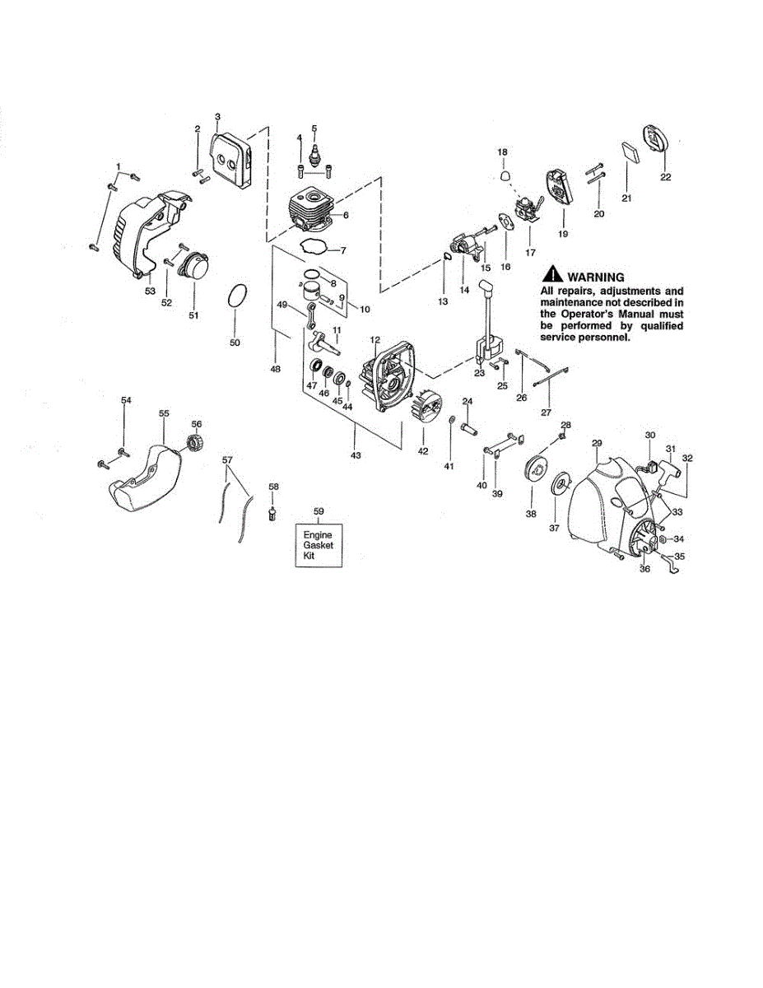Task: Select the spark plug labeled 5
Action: (314, 156)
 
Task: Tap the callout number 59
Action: (319, 510)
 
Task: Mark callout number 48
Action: (276, 370)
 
